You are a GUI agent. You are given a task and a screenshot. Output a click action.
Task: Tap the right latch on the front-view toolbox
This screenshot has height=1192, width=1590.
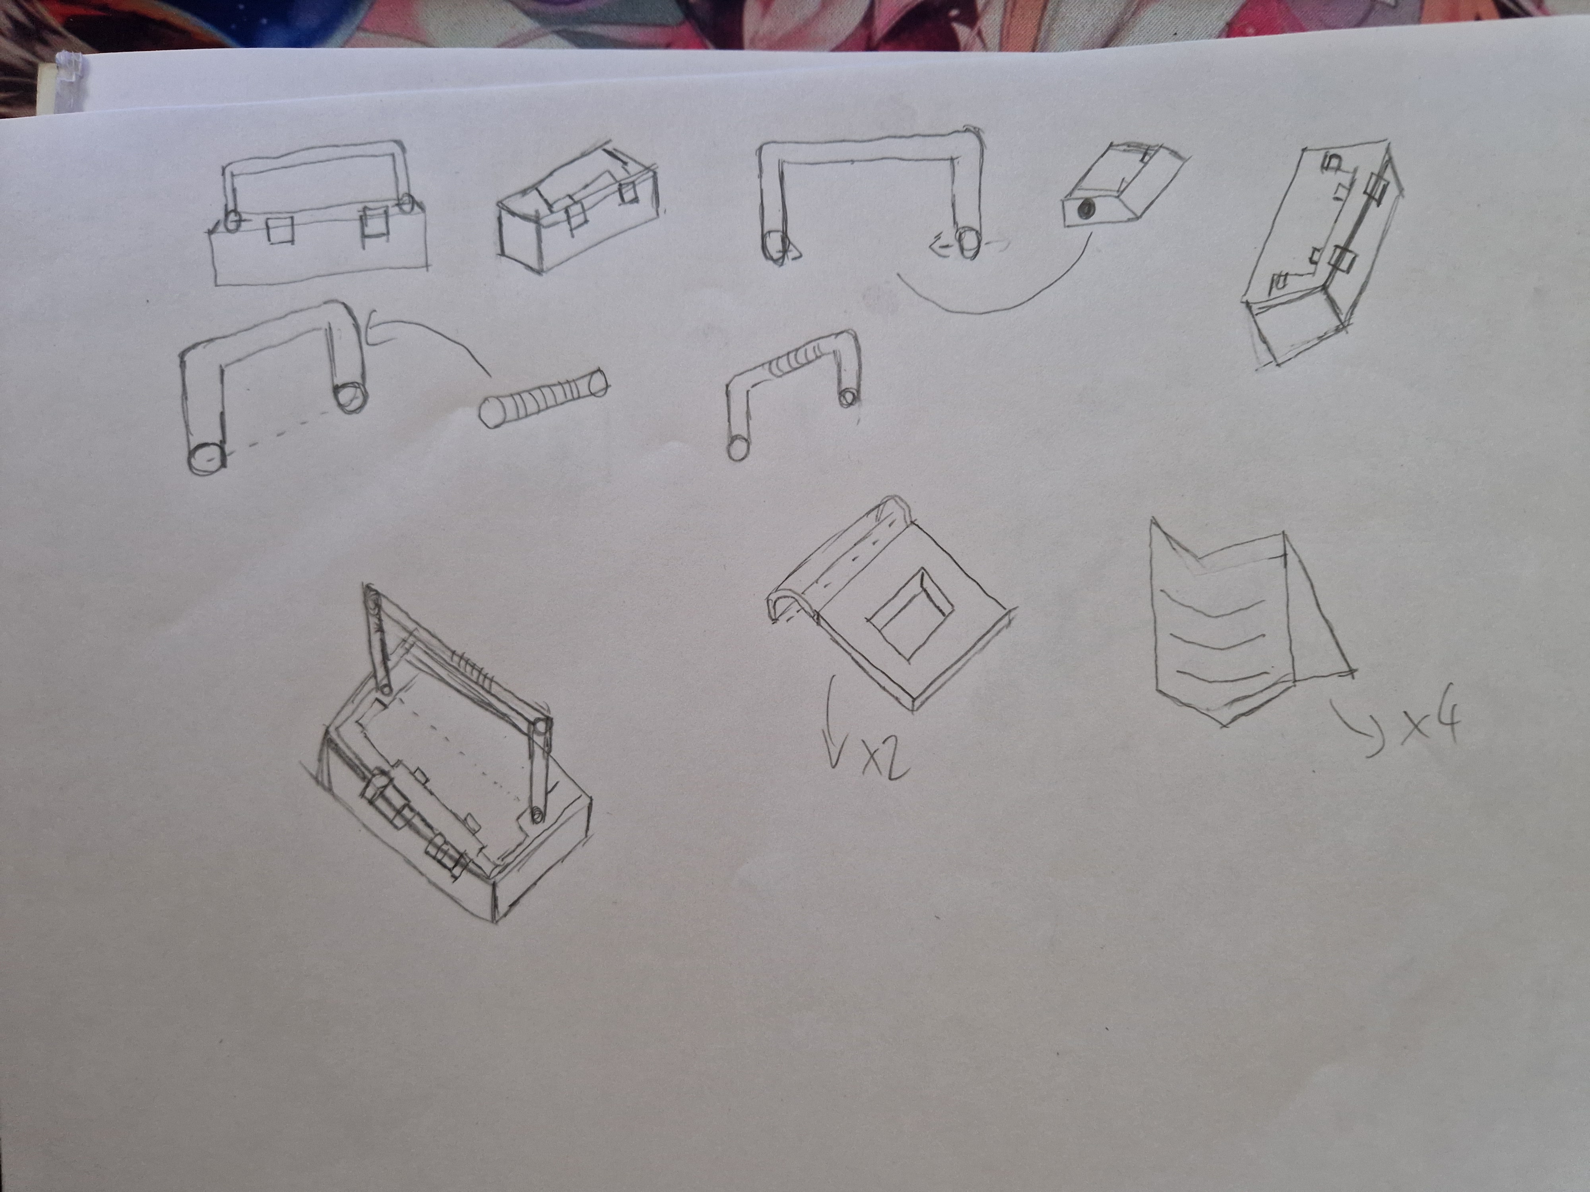(x=373, y=223)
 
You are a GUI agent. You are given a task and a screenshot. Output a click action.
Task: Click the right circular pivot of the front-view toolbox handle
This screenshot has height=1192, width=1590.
(x=407, y=204)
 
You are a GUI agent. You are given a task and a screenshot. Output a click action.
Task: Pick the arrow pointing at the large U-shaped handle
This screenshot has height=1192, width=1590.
(x=424, y=338)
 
